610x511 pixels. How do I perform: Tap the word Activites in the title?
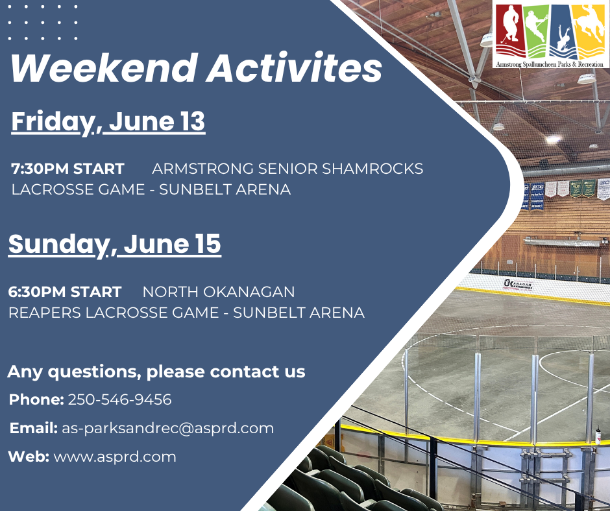pos(294,67)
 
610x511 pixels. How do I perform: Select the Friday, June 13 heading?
pos(108,122)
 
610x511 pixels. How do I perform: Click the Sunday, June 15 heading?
pos(115,244)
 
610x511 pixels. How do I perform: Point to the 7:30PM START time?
pos(67,169)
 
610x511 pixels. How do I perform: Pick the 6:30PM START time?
pos(65,292)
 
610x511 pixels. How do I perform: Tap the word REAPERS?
pos(45,313)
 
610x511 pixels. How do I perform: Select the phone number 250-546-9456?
pos(120,399)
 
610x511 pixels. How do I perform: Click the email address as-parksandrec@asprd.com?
pos(167,428)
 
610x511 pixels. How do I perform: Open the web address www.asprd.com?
pos(115,457)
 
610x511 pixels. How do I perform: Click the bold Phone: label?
pos(36,399)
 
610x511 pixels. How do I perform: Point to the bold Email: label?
pos(34,428)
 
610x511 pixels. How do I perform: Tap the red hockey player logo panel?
pos(510,31)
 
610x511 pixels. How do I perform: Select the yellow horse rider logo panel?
pos(590,31)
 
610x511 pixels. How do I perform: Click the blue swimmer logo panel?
pos(562,31)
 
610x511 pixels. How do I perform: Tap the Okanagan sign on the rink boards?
pos(517,285)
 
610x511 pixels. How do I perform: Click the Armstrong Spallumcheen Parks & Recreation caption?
pos(549,64)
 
